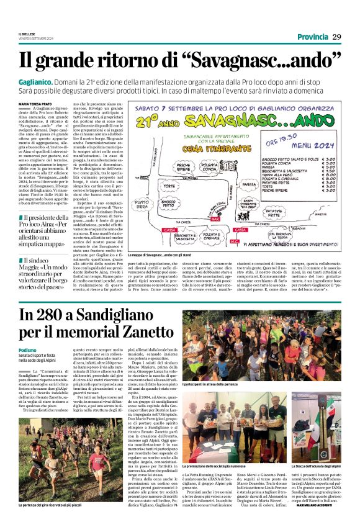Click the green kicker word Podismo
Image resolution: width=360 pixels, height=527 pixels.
coord(27,350)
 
